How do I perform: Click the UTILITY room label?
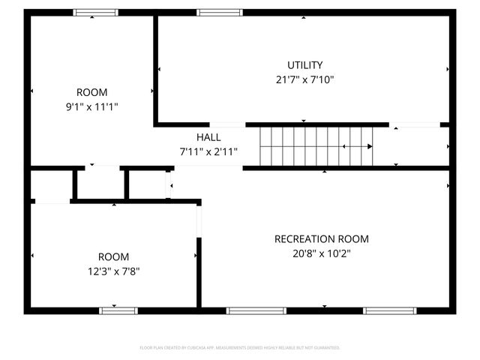coord(304,64)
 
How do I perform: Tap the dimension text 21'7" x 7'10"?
coord(304,79)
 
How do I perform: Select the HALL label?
coord(208,137)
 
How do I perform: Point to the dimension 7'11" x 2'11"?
coord(208,151)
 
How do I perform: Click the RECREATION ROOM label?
coord(321,239)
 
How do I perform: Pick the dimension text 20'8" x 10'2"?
coord(321,253)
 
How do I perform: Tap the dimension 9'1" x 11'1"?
coord(91,106)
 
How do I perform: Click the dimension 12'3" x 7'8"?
coord(113,270)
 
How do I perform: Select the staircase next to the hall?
coord(316,145)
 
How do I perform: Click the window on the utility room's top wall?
coord(220,13)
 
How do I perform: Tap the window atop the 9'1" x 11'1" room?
coord(95,13)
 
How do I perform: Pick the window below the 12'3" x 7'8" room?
coord(118,310)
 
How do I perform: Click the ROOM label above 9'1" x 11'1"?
coord(91,92)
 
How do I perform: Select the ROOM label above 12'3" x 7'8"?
coord(113,256)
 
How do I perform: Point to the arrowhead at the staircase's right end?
coord(370,146)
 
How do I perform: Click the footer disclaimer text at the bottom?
coord(240,348)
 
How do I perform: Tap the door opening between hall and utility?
coord(227,124)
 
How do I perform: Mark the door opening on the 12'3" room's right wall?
coord(199,220)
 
